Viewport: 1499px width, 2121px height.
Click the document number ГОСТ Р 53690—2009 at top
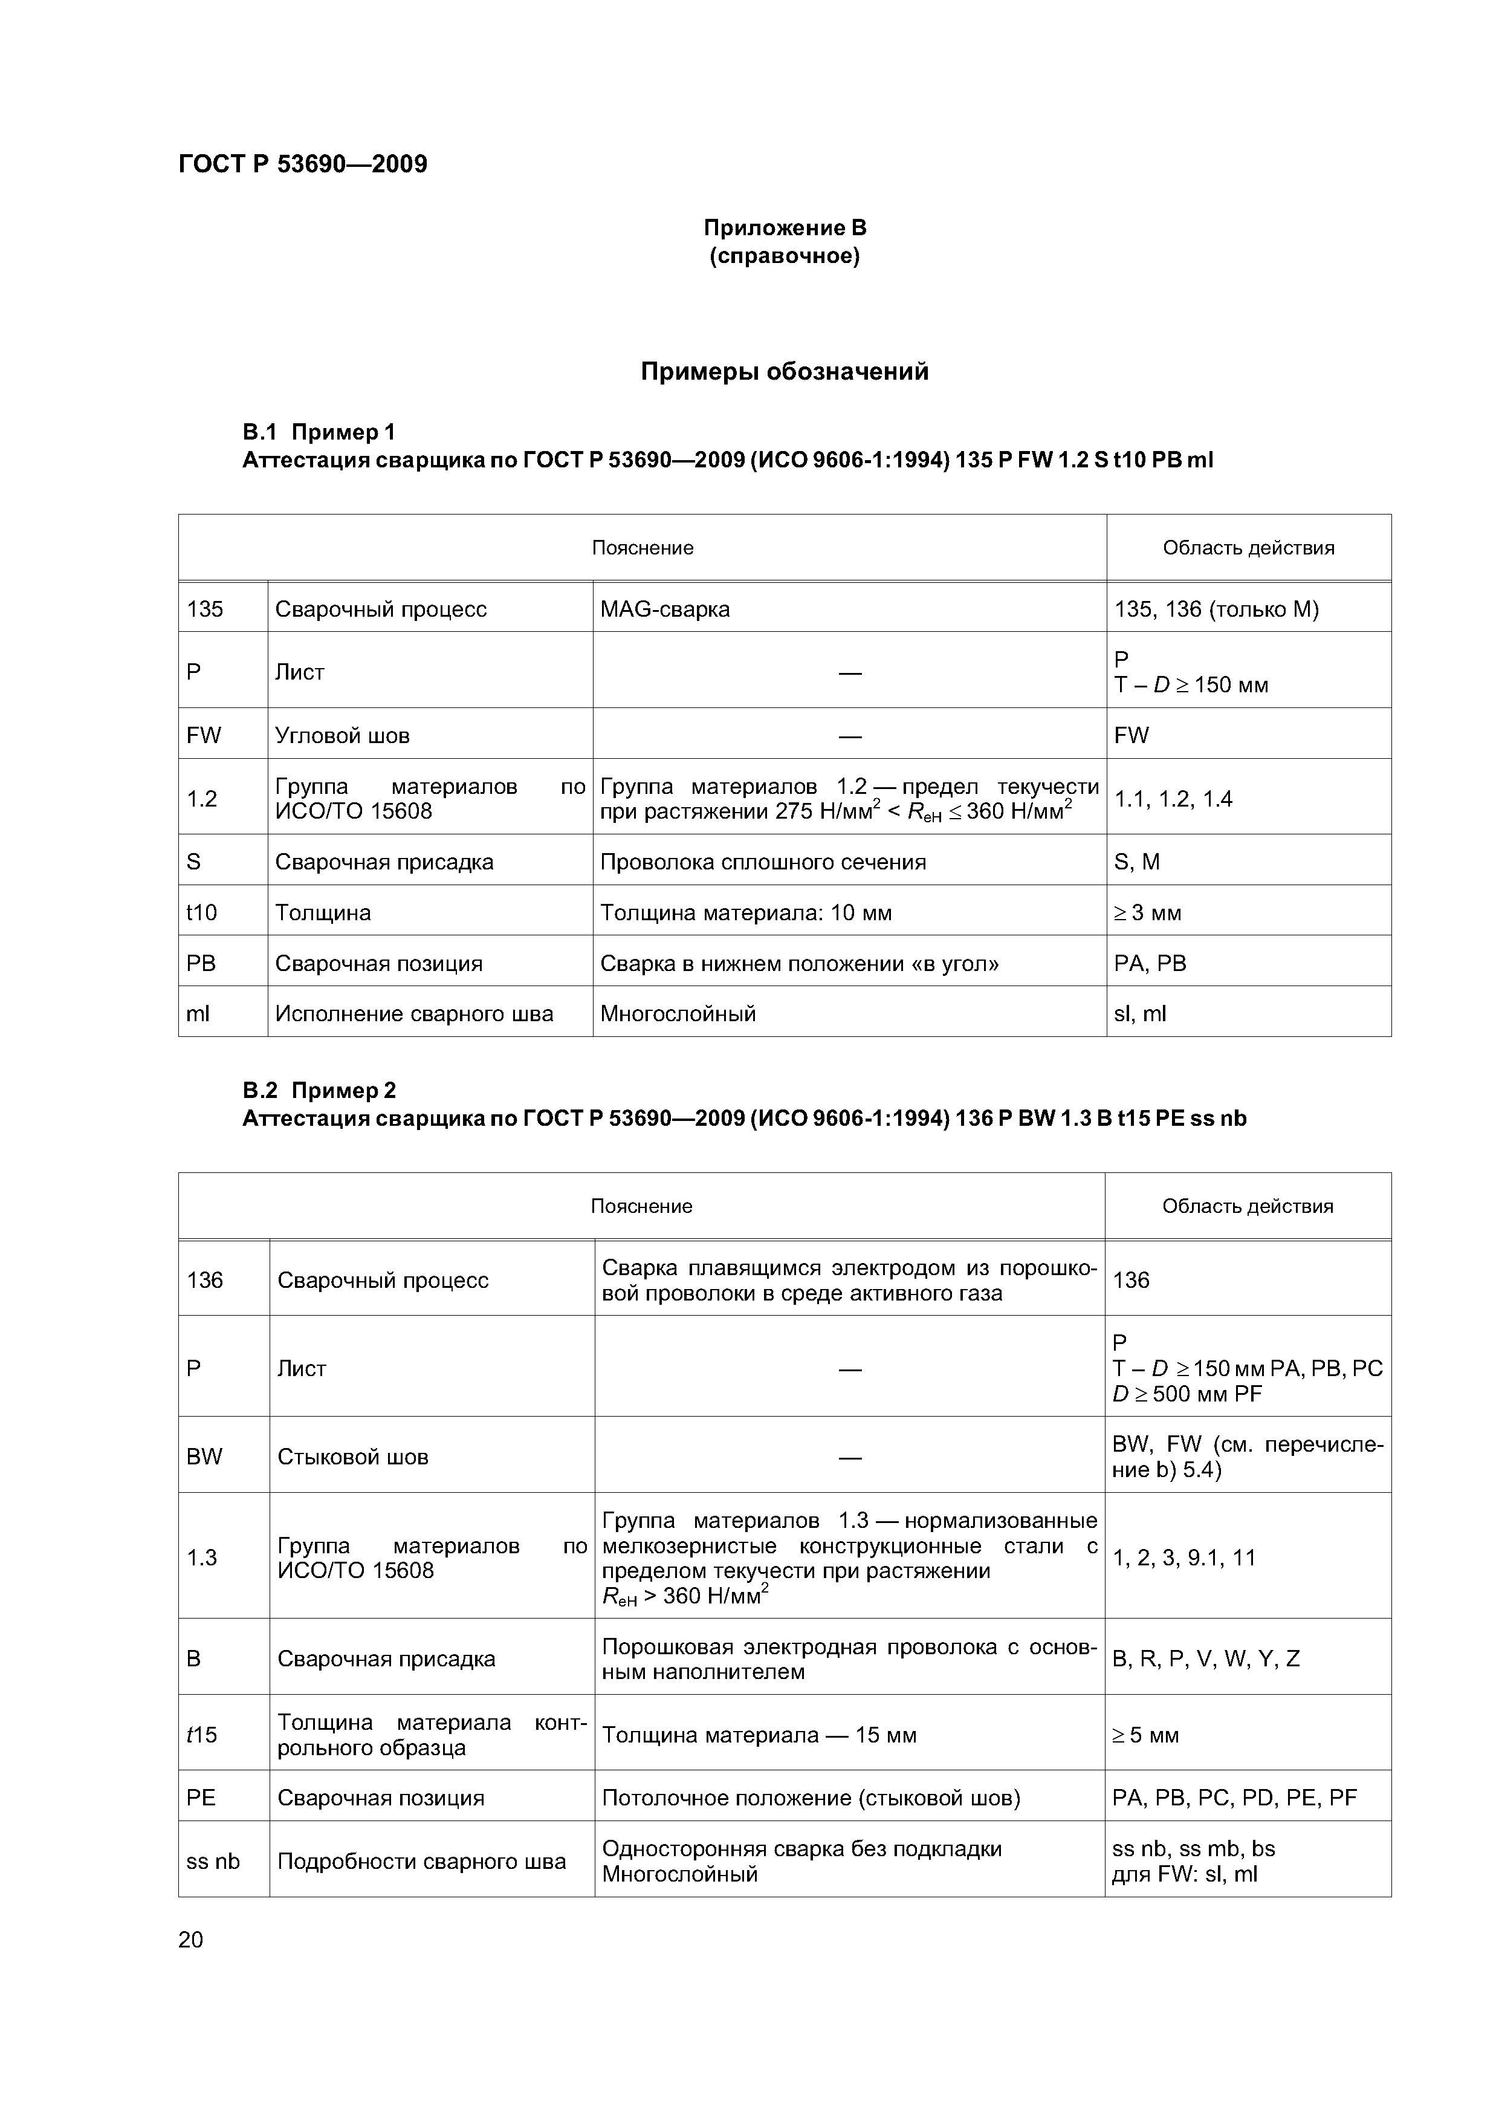pos(302,164)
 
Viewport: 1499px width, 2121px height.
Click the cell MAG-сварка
pos(665,609)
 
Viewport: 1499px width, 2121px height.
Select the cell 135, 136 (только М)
pos(1216,609)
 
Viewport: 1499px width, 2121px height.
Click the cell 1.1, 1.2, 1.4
pos(1173,799)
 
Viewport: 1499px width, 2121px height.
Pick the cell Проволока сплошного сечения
pos(763,862)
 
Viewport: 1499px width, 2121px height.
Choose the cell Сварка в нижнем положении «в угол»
pos(799,964)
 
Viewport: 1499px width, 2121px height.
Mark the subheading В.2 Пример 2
pos(319,1090)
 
